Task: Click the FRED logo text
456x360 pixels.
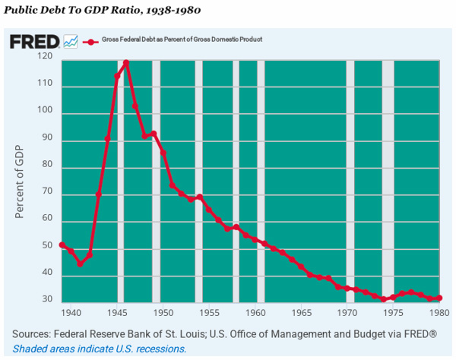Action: pyautogui.click(x=33, y=41)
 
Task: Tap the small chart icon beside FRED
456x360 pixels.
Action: pyautogui.click(x=71, y=41)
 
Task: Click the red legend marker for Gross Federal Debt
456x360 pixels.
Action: pyautogui.click(x=91, y=40)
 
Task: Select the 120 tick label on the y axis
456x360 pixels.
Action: pyautogui.click(x=46, y=57)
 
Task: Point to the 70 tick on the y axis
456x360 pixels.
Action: pyautogui.click(x=49, y=193)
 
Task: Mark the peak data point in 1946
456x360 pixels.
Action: pyautogui.click(x=126, y=63)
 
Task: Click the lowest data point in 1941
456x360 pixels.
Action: pyautogui.click(x=80, y=264)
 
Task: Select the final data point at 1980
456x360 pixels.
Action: pyautogui.click(x=439, y=298)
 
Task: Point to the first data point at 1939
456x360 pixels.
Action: pyautogui.click(x=62, y=245)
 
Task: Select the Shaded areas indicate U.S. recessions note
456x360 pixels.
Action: pyautogui.click(x=100, y=349)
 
